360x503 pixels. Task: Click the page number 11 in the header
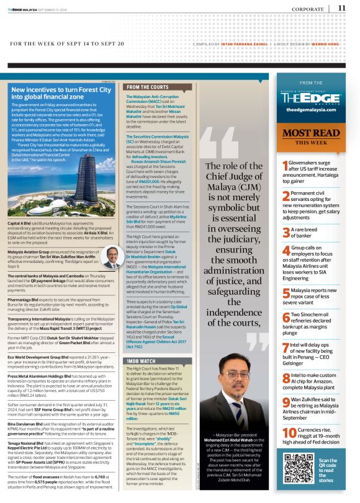click(x=342, y=8)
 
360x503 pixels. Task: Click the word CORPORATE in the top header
click(x=307, y=9)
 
